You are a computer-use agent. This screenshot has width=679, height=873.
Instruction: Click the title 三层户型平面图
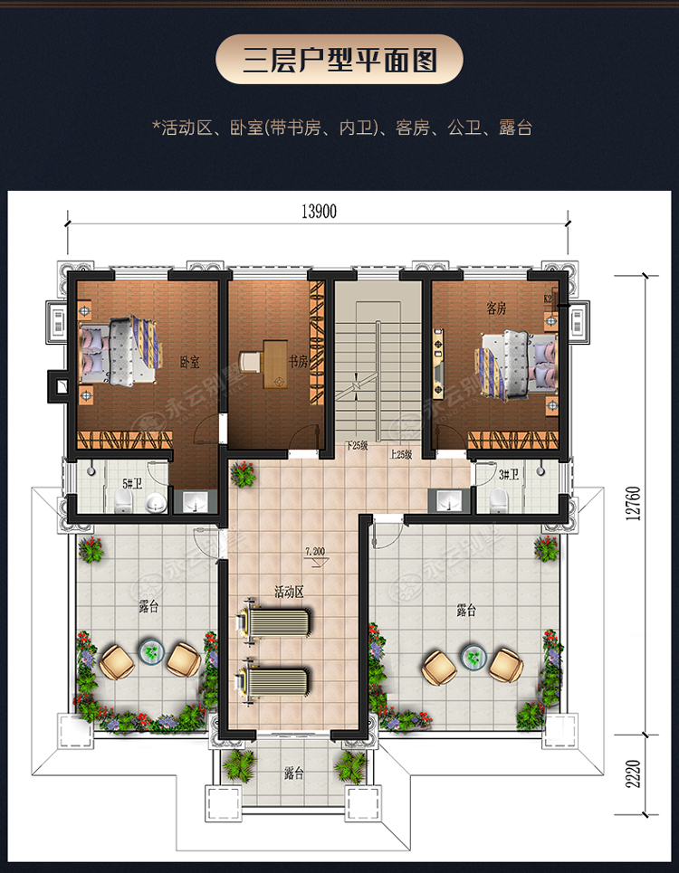coord(339,61)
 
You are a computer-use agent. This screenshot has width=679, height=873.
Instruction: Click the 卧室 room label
coord(189,362)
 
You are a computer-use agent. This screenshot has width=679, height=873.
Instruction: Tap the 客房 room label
coord(496,308)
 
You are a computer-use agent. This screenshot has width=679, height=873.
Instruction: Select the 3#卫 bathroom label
coord(509,473)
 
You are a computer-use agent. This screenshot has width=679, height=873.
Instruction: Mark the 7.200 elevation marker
coord(315,551)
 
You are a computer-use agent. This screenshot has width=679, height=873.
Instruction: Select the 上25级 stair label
coord(401,455)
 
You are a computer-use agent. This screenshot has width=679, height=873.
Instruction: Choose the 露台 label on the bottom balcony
coord(293,773)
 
